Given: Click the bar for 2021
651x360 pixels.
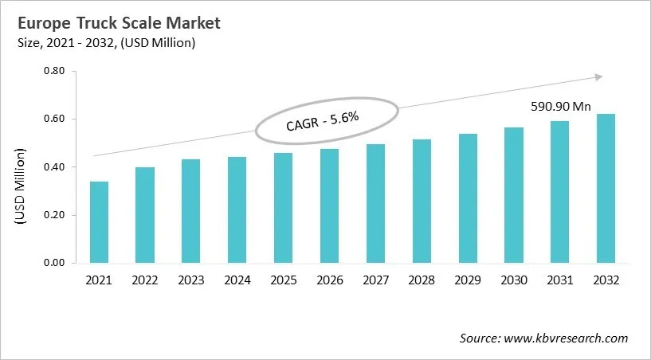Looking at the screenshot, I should coord(100,222).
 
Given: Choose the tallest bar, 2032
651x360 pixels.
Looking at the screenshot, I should coord(606,188).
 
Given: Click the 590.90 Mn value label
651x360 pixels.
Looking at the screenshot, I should coord(561,106).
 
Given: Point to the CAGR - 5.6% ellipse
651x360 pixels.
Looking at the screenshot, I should coord(323,123).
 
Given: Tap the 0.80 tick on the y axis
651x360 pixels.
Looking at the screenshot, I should coord(53,71).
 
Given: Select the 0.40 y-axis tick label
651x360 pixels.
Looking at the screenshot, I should coord(53,167).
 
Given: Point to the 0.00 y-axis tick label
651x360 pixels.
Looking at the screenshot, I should coord(53,263).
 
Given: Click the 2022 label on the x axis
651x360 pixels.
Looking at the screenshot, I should coord(146,281).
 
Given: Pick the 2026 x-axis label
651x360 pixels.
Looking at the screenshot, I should coord(329,281).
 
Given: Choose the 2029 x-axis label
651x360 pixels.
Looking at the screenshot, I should coord(467,281).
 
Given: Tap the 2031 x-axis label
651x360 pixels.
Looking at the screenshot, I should coord(559,281).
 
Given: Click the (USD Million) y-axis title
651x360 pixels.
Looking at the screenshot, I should coord(21,185).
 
